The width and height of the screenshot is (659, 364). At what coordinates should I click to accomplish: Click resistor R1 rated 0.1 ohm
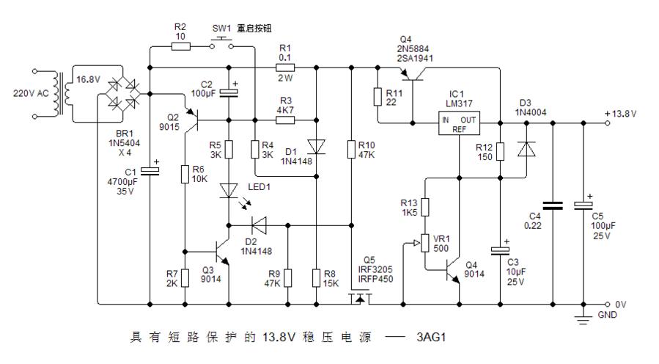coord(286,66)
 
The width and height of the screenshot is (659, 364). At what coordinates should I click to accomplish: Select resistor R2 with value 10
coord(180,46)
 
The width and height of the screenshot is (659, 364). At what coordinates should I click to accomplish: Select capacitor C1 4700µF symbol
coord(150,170)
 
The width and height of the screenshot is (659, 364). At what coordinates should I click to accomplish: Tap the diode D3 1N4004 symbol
coord(527,150)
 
